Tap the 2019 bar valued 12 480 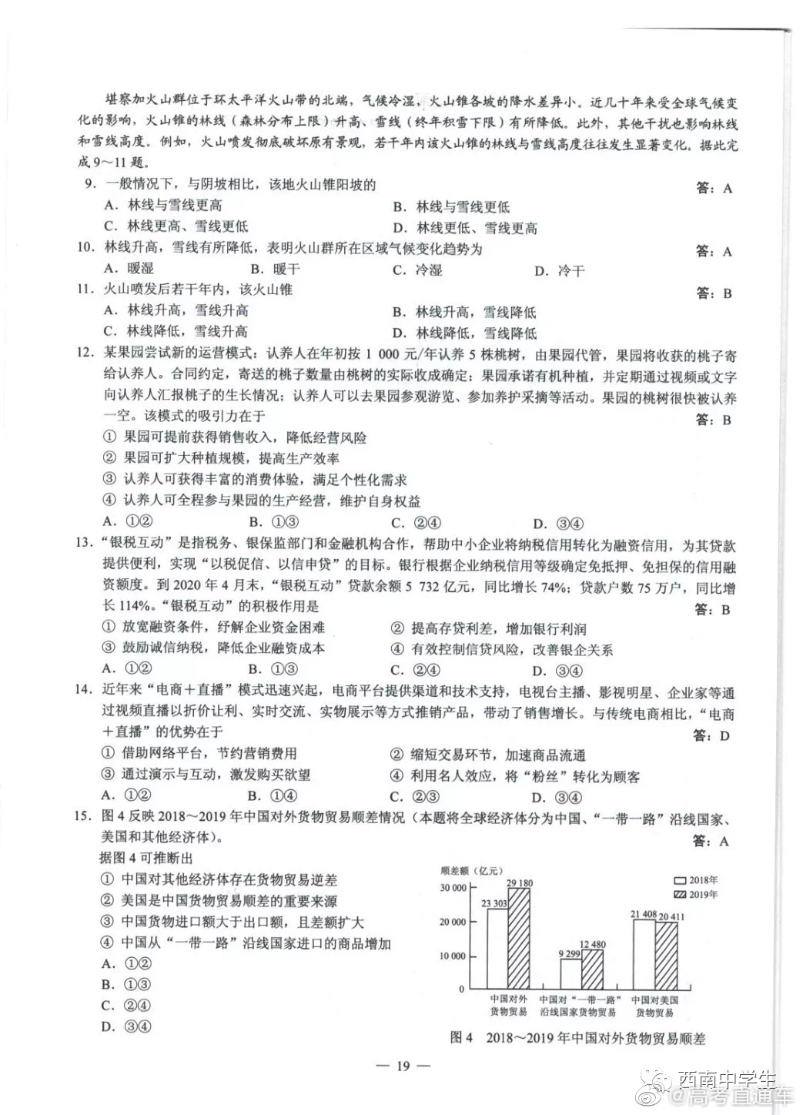tap(593, 968)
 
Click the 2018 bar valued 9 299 tap(570, 973)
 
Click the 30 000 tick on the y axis tap(453, 888)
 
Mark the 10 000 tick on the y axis tap(453, 956)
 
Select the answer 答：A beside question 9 tap(714, 188)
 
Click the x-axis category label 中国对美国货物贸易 tap(654, 1006)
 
